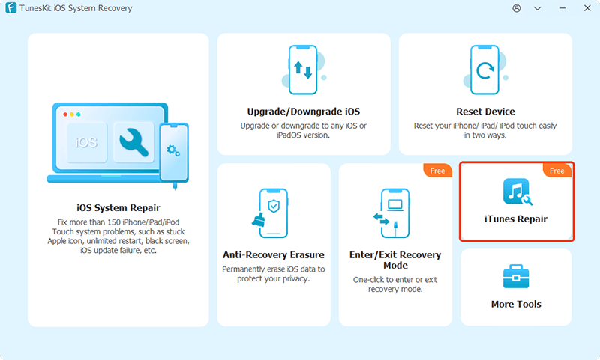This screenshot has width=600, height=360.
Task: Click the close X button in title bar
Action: pyautogui.click(x=587, y=8)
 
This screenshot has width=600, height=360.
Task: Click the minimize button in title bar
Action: pyautogui.click(x=562, y=8)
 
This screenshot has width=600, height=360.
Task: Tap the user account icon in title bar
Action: pyautogui.click(x=517, y=8)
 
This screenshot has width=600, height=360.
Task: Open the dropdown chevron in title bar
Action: pyautogui.click(x=537, y=8)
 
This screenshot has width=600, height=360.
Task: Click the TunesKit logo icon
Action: pyautogui.click(x=11, y=8)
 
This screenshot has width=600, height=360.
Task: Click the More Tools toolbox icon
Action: pyautogui.click(x=516, y=276)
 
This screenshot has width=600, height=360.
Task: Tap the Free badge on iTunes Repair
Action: pyautogui.click(x=557, y=171)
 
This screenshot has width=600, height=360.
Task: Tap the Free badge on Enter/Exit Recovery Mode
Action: pyautogui.click(x=437, y=171)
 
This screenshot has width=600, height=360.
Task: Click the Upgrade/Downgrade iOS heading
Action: pyautogui.click(x=304, y=112)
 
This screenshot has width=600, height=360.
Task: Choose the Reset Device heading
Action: pyautogui.click(x=485, y=112)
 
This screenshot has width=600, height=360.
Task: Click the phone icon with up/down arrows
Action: pyautogui.click(x=303, y=70)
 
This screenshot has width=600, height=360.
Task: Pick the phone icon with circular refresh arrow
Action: pyautogui.click(x=484, y=70)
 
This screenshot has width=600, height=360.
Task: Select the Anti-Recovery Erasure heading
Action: pyautogui.click(x=274, y=254)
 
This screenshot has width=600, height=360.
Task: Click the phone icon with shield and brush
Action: pyautogui.click(x=270, y=213)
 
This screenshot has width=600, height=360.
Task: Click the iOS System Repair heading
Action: pyautogui.click(x=118, y=207)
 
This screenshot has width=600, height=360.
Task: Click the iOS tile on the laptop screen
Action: pyautogui.click(x=87, y=142)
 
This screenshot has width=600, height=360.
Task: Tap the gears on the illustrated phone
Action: pyautogui.click(x=173, y=150)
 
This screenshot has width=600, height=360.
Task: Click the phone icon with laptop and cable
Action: pyautogui.click(x=391, y=213)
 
